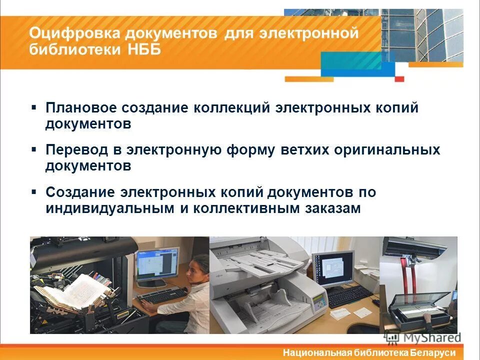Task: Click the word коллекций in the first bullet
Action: coord(231,108)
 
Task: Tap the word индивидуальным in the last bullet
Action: coord(110,208)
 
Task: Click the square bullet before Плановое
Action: coord(33,107)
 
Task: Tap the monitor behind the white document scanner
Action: coord(332,267)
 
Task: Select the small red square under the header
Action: coord(399,78)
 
